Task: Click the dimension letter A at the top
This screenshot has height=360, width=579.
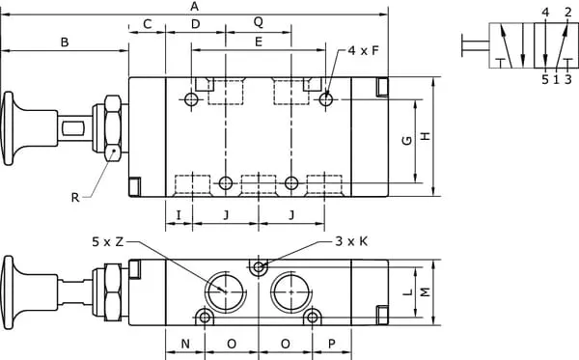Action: click(195, 7)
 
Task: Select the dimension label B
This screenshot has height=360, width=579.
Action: click(65, 42)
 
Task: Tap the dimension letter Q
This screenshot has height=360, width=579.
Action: click(259, 22)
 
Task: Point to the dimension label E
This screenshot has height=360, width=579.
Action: click(259, 42)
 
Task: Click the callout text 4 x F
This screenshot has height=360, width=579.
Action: click(364, 50)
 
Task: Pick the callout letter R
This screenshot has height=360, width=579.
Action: click(75, 198)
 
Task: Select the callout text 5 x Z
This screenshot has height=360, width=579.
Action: click(107, 242)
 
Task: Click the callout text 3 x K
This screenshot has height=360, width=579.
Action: click(351, 241)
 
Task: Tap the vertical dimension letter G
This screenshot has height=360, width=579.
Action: click(407, 140)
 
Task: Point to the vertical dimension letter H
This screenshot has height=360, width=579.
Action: click(426, 136)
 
